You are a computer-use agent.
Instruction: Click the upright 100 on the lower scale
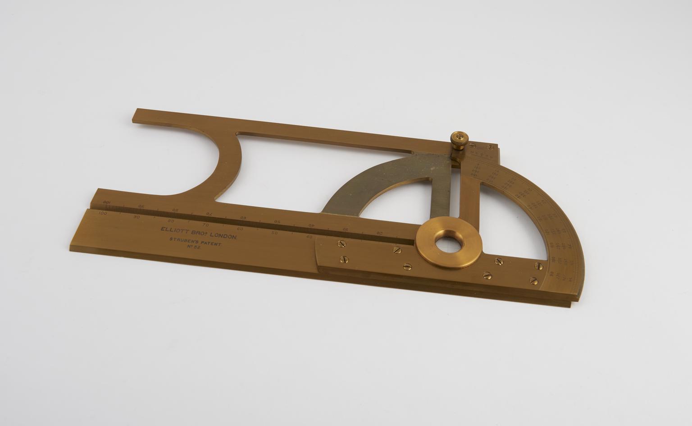103,213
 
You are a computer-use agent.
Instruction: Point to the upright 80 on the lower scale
171,221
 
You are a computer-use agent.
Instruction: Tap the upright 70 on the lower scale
206,224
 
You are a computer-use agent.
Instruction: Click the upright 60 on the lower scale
240,229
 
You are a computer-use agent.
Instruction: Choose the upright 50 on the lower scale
274,233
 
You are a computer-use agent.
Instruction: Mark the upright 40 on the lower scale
309,236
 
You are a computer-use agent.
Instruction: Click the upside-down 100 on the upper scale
107,202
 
